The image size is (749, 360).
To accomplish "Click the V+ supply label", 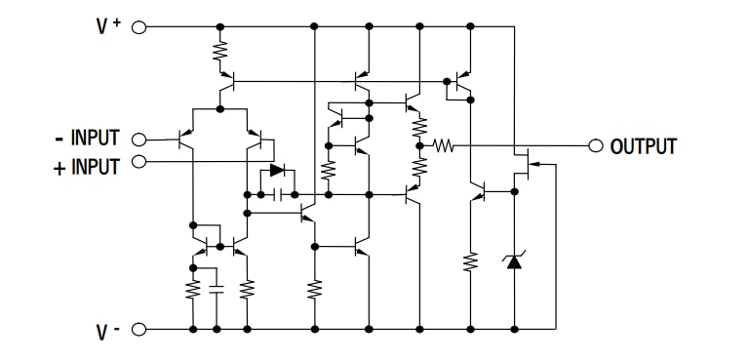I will click(x=106, y=27).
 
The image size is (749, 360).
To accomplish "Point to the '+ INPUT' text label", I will click(x=86, y=167).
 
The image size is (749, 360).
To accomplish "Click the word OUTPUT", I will click(x=643, y=147).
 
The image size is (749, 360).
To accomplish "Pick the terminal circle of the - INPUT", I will click(x=138, y=140).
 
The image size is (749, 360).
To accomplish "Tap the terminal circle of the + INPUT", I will click(x=138, y=161).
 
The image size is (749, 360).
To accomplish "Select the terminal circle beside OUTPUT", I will click(x=597, y=146).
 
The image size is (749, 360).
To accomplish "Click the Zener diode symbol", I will click(x=514, y=260).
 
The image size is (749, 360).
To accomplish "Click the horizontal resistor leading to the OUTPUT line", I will click(x=444, y=146).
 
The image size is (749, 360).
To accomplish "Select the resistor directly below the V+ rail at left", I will click(x=220, y=52).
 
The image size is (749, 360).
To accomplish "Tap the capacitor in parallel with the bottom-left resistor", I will click(x=217, y=289).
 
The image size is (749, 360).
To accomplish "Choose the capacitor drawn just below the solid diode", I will click(x=279, y=195).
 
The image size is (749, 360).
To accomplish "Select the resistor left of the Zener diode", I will click(x=471, y=261).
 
